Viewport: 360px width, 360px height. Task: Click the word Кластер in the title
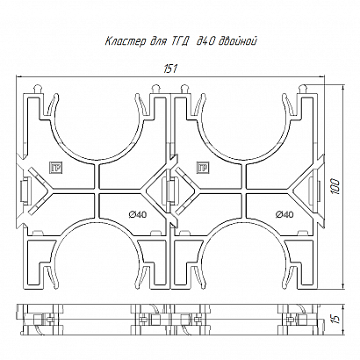125,41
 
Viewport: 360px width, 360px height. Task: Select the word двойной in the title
238,41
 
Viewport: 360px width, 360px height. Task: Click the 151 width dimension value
170,69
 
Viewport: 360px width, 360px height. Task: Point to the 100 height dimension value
335,186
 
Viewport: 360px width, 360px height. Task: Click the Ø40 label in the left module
138,214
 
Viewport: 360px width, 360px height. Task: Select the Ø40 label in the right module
284,214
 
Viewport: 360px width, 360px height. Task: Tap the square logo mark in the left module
55,168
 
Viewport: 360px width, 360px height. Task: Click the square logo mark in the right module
203,168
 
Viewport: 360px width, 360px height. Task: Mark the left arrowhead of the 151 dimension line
18,77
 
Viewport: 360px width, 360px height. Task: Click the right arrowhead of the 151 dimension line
321,77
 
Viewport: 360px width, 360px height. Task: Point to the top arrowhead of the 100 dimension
342,89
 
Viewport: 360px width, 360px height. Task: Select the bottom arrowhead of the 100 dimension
342,285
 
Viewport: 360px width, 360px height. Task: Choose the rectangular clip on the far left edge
25,191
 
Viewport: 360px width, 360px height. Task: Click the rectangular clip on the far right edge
315,191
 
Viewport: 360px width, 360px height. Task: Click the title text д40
205,41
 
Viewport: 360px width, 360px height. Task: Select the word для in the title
157,42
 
